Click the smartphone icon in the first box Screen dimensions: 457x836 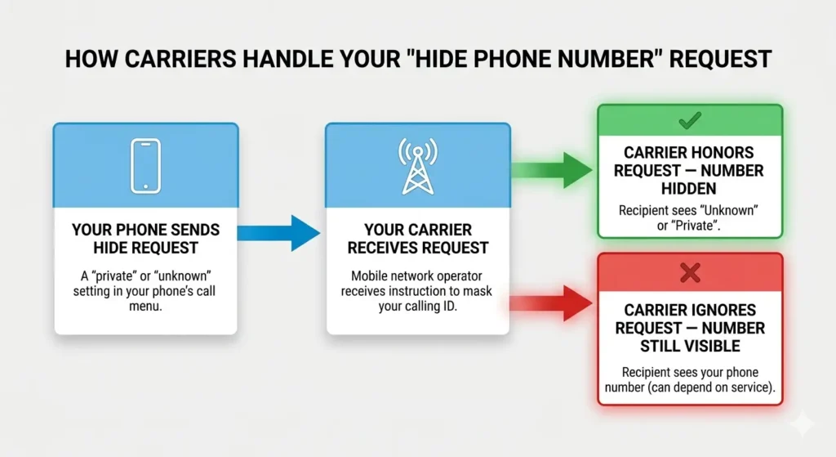tap(145, 166)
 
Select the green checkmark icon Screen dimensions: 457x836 tap(689, 121)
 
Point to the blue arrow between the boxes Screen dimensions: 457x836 tap(282, 232)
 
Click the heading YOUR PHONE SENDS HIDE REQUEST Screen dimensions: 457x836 tap(145, 239)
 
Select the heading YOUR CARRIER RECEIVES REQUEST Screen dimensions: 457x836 tap(417, 239)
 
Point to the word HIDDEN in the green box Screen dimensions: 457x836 tap(689, 189)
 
